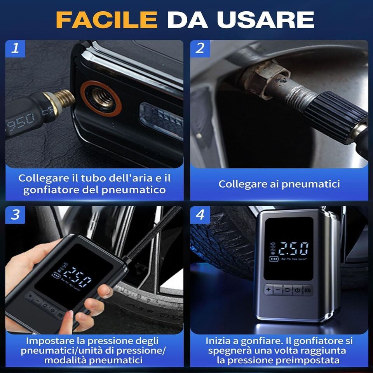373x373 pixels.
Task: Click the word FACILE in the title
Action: tap(106, 19)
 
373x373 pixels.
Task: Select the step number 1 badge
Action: tap(15, 49)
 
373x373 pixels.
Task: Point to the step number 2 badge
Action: tap(200, 49)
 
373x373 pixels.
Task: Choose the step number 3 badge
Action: tap(15, 215)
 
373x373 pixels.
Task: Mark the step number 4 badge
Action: tap(200, 215)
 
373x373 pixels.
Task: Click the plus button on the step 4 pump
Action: tap(268, 290)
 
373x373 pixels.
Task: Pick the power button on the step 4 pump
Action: tap(297, 290)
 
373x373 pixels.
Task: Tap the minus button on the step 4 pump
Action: tap(278, 290)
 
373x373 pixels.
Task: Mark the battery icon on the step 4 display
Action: tap(275, 258)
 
